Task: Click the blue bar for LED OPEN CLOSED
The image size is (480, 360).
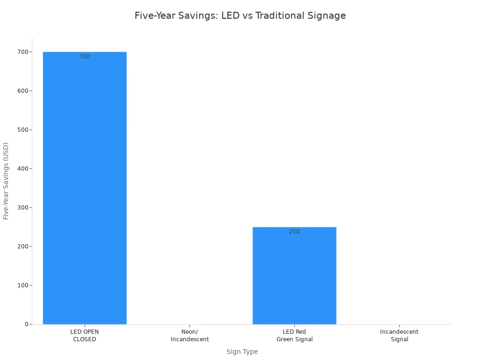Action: click(x=84, y=187)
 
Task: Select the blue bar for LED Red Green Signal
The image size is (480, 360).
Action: click(x=294, y=277)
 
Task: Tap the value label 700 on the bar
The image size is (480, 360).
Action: click(x=85, y=57)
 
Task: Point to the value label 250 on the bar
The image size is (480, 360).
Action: click(x=294, y=232)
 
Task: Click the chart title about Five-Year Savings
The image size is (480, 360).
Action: click(x=240, y=15)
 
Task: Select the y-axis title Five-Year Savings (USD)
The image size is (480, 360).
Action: click(x=6, y=180)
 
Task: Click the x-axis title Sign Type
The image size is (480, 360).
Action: click(x=242, y=352)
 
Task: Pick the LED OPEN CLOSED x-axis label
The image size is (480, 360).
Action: click(x=84, y=336)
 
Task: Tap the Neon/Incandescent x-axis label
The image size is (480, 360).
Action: click(x=189, y=336)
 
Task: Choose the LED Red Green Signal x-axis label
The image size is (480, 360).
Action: click(x=294, y=336)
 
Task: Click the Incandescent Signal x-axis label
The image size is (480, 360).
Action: click(x=399, y=336)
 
